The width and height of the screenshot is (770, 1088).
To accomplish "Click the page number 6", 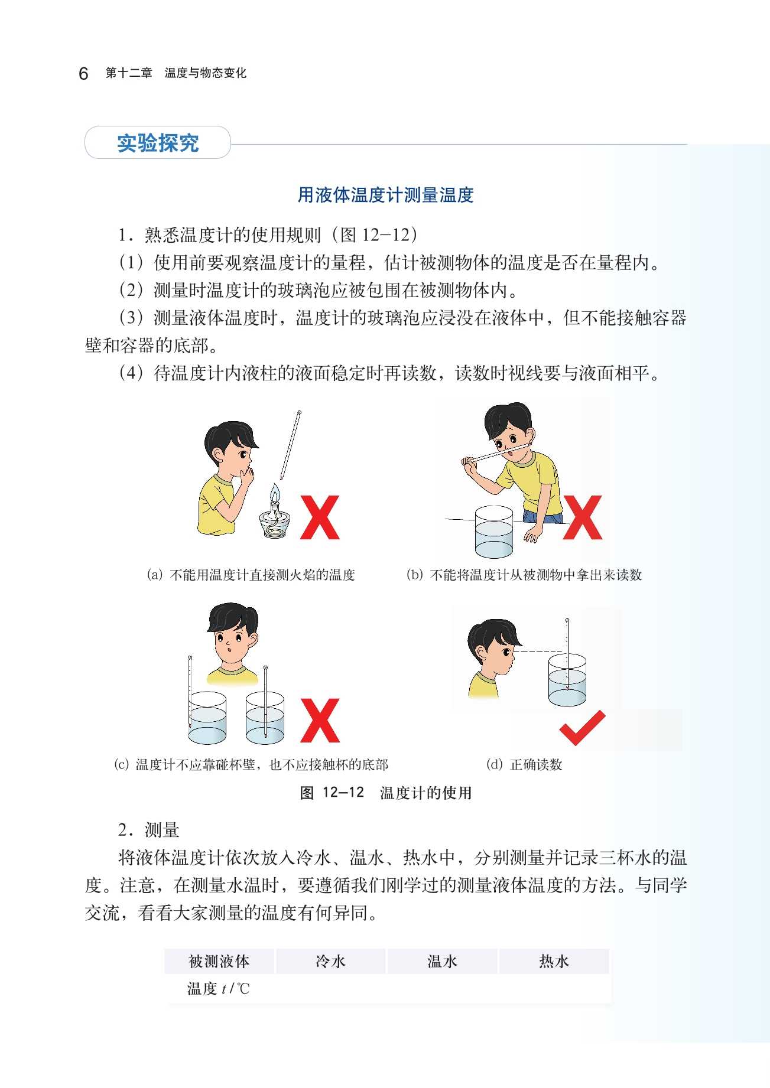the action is (x=83, y=73).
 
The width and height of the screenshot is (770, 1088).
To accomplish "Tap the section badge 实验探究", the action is (x=158, y=142).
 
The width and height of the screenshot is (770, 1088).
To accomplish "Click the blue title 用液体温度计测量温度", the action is (x=385, y=195).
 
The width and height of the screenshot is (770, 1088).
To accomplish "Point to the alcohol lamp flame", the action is (x=275, y=493).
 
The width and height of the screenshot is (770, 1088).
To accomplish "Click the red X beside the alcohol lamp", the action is (x=320, y=517).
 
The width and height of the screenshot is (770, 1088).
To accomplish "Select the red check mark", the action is (x=582, y=728).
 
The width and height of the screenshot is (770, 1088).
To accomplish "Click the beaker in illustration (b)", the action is (x=494, y=532).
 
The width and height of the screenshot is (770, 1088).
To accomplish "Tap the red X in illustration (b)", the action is (x=582, y=517).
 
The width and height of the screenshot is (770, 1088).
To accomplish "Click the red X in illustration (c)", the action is (x=320, y=721).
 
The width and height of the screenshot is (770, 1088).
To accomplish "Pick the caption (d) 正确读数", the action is (x=524, y=764).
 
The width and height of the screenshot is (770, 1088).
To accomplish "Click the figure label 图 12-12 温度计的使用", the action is (x=385, y=793).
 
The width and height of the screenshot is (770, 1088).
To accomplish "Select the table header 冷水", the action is (x=330, y=961).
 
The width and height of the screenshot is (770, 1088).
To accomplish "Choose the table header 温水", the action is (x=442, y=961).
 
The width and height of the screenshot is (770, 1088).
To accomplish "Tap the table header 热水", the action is (x=554, y=961).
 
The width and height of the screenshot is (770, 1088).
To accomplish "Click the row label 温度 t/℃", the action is (x=219, y=988).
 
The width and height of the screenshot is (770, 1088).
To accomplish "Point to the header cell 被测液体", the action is (x=219, y=961).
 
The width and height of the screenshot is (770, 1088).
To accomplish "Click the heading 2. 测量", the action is (x=148, y=830).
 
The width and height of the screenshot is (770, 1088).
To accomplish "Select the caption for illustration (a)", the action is (x=251, y=575).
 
